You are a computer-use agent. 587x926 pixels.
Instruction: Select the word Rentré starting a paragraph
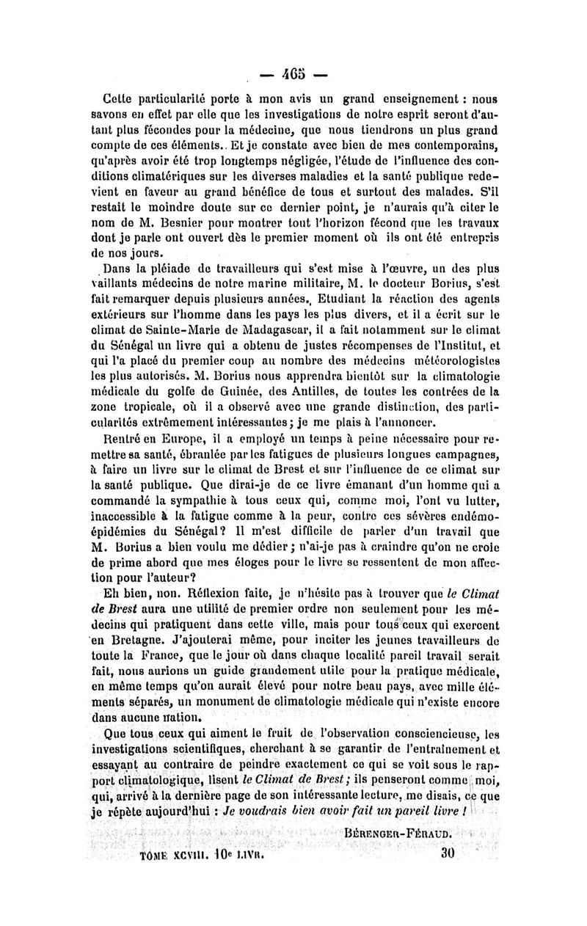(x=129, y=440)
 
